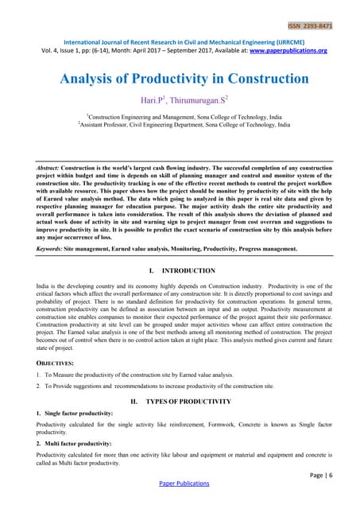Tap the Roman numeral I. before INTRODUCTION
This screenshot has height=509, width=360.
coord(151,270)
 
